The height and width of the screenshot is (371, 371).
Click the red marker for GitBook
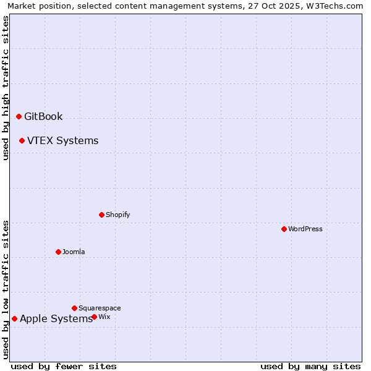(x=19, y=116)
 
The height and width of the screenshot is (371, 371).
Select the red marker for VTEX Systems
(x=22, y=140)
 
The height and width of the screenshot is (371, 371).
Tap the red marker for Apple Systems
(x=14, y=318)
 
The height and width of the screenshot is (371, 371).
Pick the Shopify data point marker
(x=101, y=215)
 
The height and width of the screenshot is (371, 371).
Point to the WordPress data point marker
(x=284, y=229)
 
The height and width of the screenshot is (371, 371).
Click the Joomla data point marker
(x=58, y=252)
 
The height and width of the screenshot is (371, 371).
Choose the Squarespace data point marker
(x=74, y=308)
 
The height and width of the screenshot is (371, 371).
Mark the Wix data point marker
(x=94, y=317)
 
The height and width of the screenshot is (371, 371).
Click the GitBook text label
(x=43, y=116)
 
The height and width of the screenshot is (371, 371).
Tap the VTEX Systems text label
(x=62, y=140)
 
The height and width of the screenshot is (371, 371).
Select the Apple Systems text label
(x=56, y=318)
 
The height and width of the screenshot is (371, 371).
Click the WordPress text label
(x=305, y=229)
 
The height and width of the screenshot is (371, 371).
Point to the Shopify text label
(x=117, y=215)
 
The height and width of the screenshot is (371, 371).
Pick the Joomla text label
(x=74, y=252)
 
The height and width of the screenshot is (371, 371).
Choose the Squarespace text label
(x=100, y=308)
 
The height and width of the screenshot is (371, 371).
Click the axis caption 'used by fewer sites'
(x=64, y=366)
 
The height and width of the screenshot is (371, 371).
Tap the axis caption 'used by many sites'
(x=310, y=366)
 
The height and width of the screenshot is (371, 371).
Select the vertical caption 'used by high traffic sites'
(x=6, y=88)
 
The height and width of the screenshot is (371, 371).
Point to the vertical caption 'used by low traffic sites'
(x=6, y=289)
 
